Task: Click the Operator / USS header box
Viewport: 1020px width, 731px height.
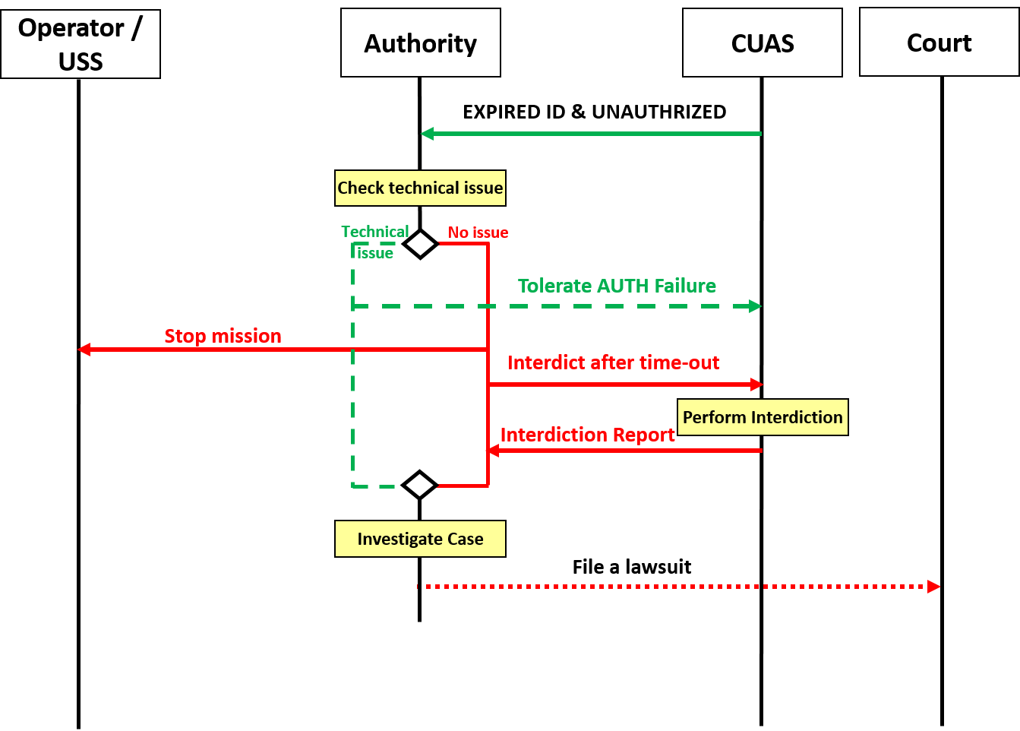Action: pyautogui.click(x=81, y=44)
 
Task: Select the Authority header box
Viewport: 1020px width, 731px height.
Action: pyautogui.click(x=421, y=43)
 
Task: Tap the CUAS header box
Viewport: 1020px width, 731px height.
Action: pyautogui.click(x=763, y=43)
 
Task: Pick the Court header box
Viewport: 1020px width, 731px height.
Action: pyautogui.click(x=939, y=43)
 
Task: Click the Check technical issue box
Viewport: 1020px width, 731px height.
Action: pyautogui.click(x=420, y=188)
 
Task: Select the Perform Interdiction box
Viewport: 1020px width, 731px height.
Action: pyautogui.click(x=763, y=417)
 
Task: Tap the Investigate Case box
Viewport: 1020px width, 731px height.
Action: pyautogui.click(x=420, y=539)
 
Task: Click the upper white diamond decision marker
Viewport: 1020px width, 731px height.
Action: pyautogui.click(x=420, y=244)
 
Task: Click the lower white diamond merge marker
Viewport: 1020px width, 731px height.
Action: pyautogui.click(x=419, y=485)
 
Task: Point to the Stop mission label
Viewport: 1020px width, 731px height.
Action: pyautogui.click(x=223, y=336)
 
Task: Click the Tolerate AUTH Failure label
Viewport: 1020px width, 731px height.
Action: pyautogui.click(x=617, y=286)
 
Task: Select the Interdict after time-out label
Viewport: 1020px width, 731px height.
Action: pyautogui.click(x=613, y=362)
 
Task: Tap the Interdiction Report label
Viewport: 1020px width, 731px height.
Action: pyautogui.click(x=587, y=435)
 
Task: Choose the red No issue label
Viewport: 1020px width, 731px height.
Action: pyautogui.click(x=478, y=233)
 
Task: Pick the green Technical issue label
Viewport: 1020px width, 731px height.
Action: pyautogui.click(x=374, y=242)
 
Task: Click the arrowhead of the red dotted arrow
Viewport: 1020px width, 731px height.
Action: pyautogui.click(x=935, y=587)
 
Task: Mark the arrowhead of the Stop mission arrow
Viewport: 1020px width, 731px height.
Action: pyautogui.click(x=84, y=350)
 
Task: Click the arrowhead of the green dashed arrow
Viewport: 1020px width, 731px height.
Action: pyautogui.click(x=756, y=306)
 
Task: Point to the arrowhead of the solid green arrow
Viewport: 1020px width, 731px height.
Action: pyautogui.click(x=427, y=134)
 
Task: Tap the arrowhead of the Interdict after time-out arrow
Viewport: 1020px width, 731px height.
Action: pyautogui.click(x=757, y=384)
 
